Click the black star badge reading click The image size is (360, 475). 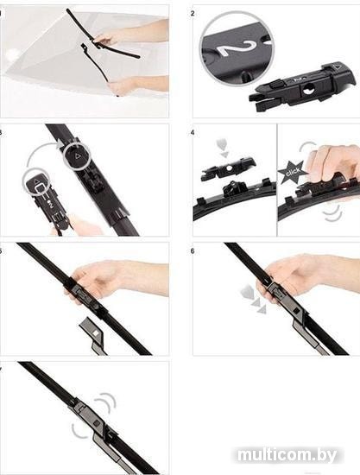click(292, 172)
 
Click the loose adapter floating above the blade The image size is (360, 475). click(228, 168)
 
